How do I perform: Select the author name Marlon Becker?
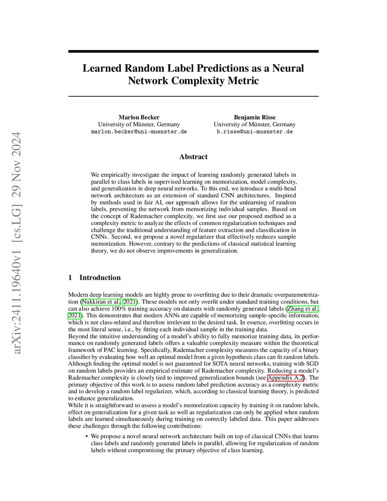[139, 117]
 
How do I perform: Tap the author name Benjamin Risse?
[254, 117]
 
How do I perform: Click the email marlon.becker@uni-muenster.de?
[139, 132]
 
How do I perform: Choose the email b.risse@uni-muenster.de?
[254, 132]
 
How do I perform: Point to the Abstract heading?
[193, 157]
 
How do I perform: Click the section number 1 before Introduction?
[70, 278]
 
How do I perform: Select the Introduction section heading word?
[100, 278]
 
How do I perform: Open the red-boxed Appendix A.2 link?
[286, 378]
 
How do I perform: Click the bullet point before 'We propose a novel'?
[87, 436]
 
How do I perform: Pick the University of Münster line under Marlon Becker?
[139, 124]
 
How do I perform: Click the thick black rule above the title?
[193, 51]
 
